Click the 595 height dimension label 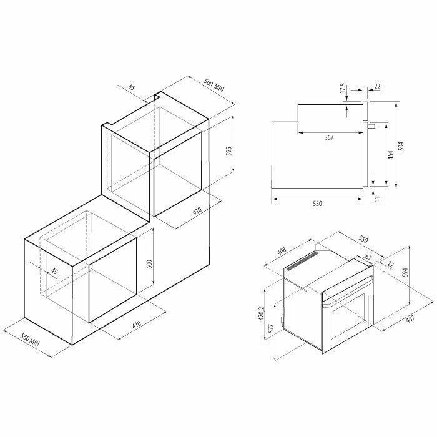229,152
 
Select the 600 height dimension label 149,264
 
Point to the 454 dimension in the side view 390,155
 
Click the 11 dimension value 377,198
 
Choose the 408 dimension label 282,251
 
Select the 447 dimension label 410,320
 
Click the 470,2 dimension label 261,313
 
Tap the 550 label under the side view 317,204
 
